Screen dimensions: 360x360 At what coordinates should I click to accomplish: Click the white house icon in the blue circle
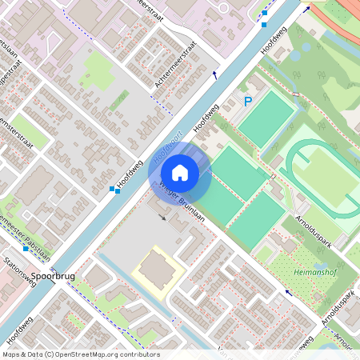click(x=180, y=171)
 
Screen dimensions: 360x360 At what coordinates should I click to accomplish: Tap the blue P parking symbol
click(x=248, y=102)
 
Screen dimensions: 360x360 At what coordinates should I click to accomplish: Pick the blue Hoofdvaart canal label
click(x=170, y=148)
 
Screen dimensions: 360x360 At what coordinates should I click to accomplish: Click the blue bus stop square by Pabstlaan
click(x=26, y=248)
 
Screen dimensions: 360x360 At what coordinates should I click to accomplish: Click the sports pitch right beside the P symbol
click(x=266, y=119)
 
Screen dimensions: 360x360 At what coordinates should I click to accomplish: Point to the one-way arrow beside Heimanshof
click(x=289, y=293)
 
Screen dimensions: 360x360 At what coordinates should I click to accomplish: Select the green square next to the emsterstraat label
click(x=30, y=131)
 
